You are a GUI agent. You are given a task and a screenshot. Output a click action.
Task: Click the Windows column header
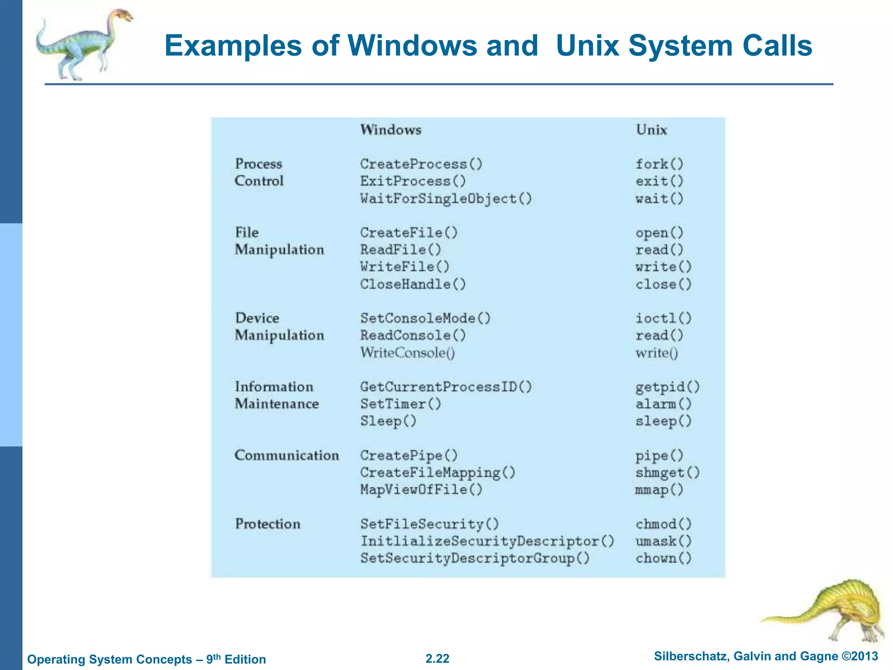coord(391,130)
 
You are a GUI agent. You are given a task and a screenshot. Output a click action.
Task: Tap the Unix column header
coord(651,130)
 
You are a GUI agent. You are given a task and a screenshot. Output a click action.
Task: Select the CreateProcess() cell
coord(421,164)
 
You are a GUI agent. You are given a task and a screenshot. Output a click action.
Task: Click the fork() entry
coord(659,164)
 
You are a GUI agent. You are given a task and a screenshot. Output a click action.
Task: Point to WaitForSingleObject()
coord(446,198)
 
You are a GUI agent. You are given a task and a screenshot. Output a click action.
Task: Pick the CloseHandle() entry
coord(413,284)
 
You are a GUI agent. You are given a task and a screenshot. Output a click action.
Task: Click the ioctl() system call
coord(663,318)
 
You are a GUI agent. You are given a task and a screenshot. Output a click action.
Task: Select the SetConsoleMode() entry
coord(425,318)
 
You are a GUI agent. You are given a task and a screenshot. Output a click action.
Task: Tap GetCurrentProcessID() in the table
coord(446,387)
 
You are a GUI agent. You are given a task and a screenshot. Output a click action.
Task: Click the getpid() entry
coord(667,387)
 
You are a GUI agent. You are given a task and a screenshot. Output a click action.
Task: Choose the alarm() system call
coord(663,404)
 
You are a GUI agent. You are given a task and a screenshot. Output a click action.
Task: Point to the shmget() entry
coord(667,472)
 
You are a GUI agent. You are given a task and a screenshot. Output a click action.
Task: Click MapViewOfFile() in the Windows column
coord(421,489)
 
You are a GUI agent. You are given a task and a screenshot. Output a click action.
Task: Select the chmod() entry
coord(663,524)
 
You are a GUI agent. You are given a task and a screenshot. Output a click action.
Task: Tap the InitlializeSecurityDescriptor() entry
coord(487,541)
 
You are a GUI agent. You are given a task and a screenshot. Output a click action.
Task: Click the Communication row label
coord(286,455)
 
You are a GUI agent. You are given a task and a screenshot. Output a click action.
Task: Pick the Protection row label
coord(268,524)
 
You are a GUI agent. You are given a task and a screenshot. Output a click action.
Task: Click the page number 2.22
coord(437,659)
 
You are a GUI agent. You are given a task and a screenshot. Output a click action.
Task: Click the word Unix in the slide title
coord(587,45)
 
